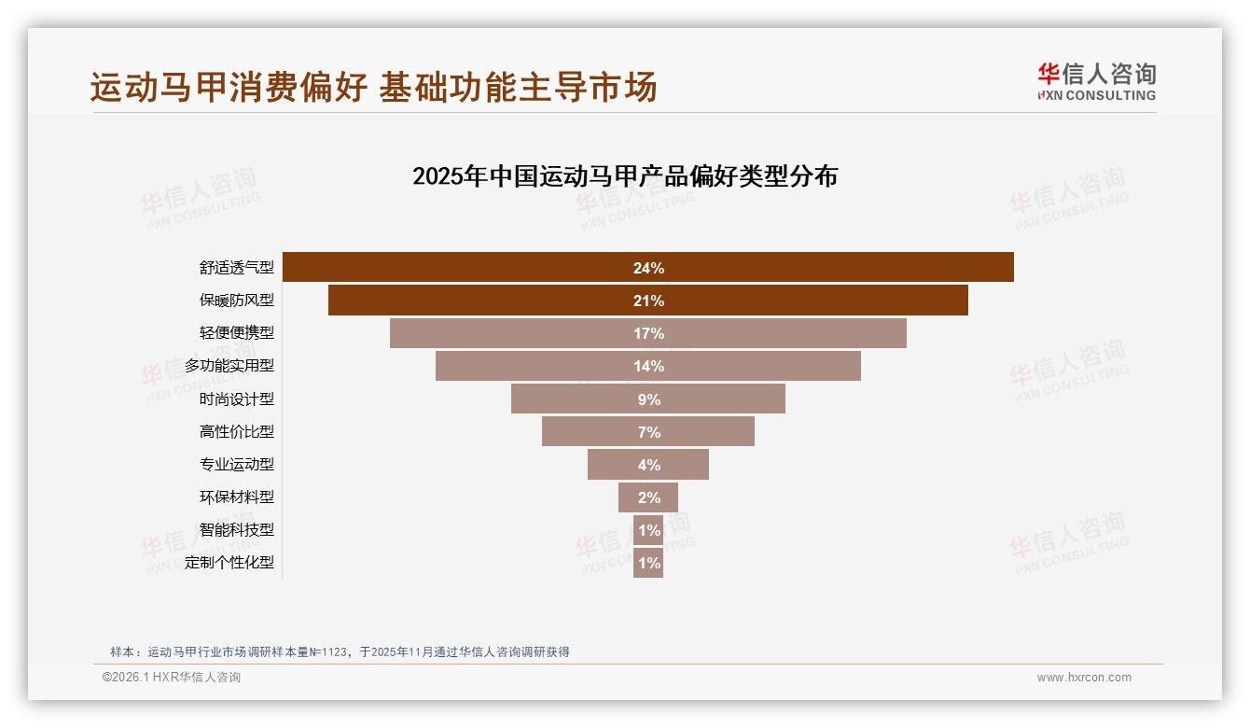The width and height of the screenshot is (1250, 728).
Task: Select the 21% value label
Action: (x=648, y=301)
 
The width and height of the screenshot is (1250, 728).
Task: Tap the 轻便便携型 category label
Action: (x=236, y=333)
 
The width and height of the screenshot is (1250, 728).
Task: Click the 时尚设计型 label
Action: (x=236, y=399)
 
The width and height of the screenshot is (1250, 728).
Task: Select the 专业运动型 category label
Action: (x=236, y=464)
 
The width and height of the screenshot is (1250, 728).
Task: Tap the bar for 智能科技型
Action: (x=648, y=530)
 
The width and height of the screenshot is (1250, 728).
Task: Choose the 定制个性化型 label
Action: (x=229, y=563)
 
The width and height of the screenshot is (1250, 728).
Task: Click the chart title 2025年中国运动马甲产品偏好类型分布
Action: (x=625, y=176)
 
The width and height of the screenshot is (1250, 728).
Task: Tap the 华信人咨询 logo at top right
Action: (x=1096, y=81)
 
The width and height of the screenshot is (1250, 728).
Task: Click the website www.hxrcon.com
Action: (x=1084, y=678)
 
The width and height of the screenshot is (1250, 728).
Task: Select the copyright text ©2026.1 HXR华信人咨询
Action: (x=172, y=678)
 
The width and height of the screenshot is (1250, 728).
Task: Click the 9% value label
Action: (x=648, y=399)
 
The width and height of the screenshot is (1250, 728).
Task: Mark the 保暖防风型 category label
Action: (x=236, y=301)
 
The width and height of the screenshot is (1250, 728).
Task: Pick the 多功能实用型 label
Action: (x=229, y=366)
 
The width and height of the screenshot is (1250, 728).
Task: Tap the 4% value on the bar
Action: (x=648, y=465)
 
